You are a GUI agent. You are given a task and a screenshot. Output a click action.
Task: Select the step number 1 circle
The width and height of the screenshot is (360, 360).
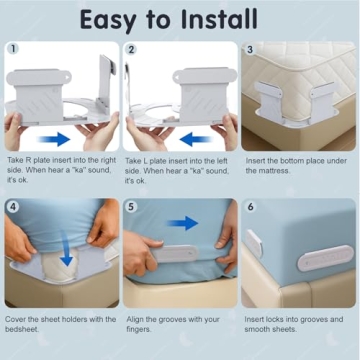click(12, 48)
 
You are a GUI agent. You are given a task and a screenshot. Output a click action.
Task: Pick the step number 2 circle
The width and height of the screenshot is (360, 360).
click(131, 48)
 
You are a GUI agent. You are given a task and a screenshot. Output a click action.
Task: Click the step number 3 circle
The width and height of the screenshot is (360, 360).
click(250, 48)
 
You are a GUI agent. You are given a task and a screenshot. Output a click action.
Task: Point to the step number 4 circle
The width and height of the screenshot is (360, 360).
click(12, 207)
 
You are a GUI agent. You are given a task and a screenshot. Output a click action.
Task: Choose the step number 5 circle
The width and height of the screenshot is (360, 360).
click(131, 207)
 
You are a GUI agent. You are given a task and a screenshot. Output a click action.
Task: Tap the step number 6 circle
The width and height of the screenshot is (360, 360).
click(250, 207)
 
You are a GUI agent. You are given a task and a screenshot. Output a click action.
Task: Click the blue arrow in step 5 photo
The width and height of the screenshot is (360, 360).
click(181, 222)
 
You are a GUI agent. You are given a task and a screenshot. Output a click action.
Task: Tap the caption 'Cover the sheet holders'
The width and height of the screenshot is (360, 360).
click(59, 325)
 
